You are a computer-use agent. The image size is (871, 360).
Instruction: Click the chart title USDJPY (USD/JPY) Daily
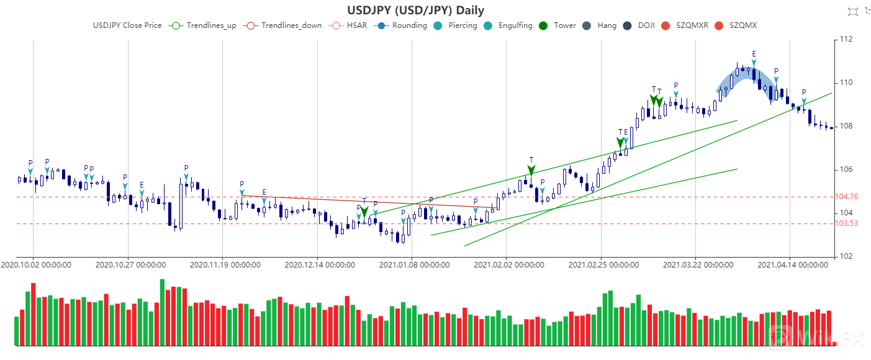(415, 10)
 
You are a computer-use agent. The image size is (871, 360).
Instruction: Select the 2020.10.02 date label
(35, 264)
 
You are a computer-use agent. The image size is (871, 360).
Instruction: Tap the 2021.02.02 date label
(509, 264)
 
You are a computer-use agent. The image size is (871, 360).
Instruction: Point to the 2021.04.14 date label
(793, 264)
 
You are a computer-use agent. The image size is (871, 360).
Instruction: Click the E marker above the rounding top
(754, 55)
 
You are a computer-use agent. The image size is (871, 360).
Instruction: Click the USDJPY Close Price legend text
(127, 25)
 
